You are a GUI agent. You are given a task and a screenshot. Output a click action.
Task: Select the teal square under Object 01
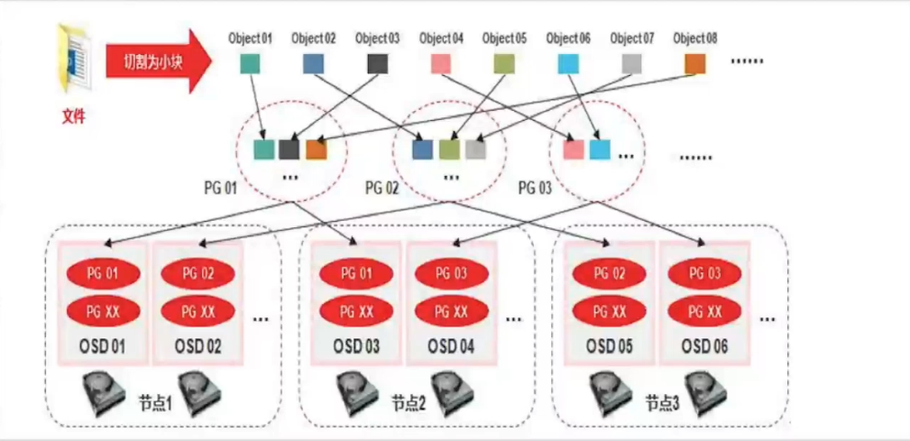pyautogui.click(x=250, y=64)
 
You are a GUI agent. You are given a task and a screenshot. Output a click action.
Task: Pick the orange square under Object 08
pyautogui.click(x=694, y=64)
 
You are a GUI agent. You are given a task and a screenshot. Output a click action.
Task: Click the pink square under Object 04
pyautogui.click(x=440, y=64)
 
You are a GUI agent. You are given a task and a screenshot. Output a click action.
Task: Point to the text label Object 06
pyautogui.click(x=568, y=39)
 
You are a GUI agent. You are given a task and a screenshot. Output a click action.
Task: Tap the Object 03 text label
pyautogui.click(x=377, y=39)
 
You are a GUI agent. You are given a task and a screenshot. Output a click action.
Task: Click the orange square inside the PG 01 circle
pyautogui.click(x=315, y=150)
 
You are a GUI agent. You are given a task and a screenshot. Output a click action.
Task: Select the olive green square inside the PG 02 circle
pyautogui.click(x=448, y=150)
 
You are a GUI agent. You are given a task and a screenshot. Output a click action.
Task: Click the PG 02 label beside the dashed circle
pyautogui.click(x=381, y=188)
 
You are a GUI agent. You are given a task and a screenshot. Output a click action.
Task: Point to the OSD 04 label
pyautogui.click(x=441, y=345)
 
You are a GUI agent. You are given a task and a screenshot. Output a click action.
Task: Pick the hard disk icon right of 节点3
pyautogui.click(x=709, y=398)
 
